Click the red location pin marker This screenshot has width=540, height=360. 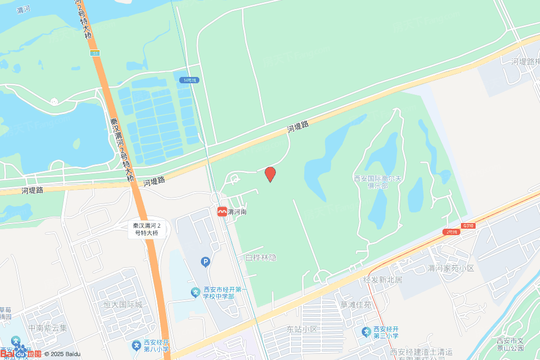[x=270, y=173]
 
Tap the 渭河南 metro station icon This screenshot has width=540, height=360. [x=222, y=211]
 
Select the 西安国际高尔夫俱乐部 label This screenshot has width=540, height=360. [x=378, y=182]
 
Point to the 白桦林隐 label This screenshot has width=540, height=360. [x=261, y=258]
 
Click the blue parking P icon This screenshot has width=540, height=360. [x=205, y=261]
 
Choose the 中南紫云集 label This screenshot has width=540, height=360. [x=48, y=328]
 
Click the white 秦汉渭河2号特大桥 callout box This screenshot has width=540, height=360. [x=147, y=229]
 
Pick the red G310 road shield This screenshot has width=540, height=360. [x=467, y=226]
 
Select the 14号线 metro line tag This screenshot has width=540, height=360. [x=188, y=80]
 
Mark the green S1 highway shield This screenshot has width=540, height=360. [x=94, y=53]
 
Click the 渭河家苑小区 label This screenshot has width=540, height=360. [x=451, y=268]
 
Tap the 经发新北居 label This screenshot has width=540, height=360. [x=383, y=279]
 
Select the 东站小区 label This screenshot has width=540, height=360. [x=302, y=329]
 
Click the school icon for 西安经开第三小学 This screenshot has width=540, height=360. [x=366, y=332]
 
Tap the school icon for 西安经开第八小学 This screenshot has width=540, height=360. [x=136, y=346]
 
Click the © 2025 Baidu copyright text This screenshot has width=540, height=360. [x=62, y=354]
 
